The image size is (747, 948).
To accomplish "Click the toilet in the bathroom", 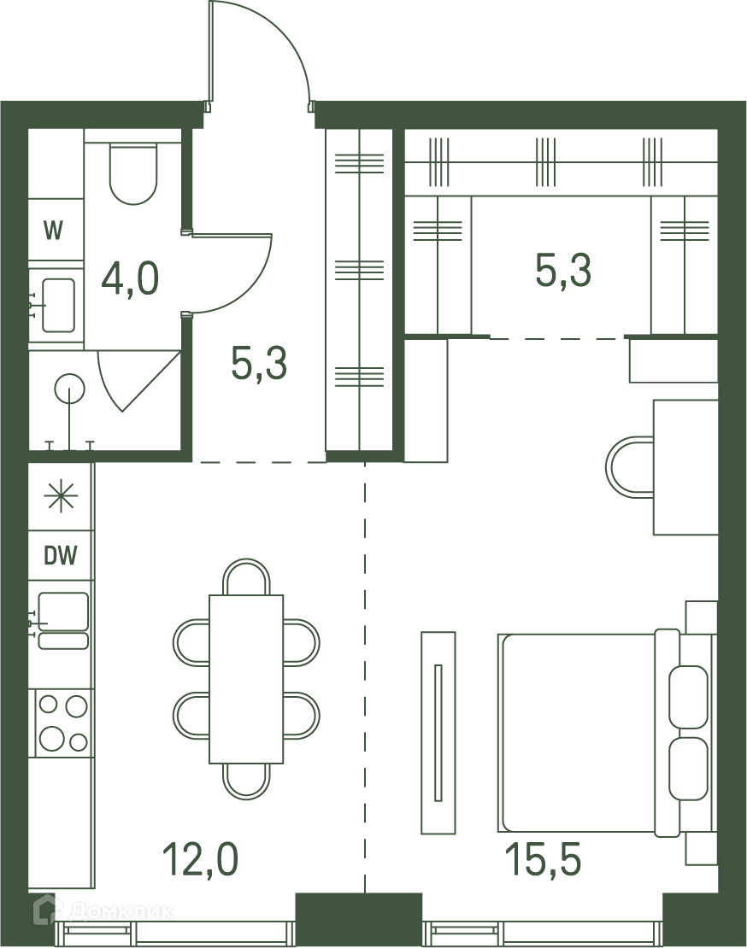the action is [133, 173].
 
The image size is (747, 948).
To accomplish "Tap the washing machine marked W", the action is [56, 231].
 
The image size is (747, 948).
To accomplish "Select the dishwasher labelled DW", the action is [61, 555].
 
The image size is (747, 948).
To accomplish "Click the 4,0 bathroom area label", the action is [130, 278].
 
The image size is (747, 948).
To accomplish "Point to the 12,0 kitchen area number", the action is [201, 859].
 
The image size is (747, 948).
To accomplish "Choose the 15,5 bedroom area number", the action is [543, 859].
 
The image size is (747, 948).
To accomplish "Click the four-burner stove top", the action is [63, 723].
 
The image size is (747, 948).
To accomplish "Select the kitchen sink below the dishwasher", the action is [63, 620].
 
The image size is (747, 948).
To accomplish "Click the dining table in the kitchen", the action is [246, 679].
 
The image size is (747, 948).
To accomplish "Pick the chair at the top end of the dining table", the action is [246, 576].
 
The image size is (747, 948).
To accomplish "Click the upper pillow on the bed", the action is [688, 697].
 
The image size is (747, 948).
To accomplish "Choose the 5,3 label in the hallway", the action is [259, 363].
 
